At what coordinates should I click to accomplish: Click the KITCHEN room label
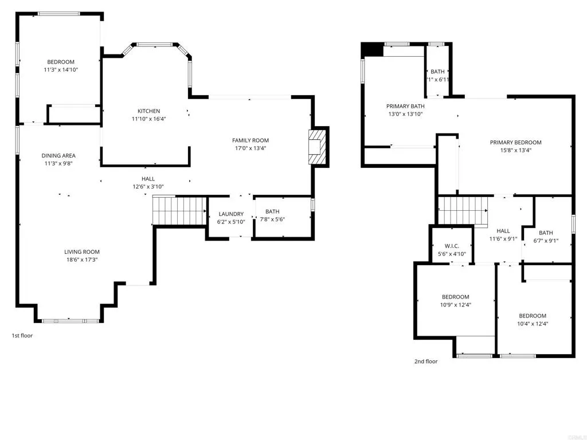(148, 111)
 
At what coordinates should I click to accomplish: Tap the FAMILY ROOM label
(251, 140)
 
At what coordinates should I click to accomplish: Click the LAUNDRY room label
(231, 214)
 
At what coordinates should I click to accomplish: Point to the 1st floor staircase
(179, 210)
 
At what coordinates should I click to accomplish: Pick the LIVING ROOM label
(81, 252)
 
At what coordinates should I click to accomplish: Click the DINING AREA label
(58, 156)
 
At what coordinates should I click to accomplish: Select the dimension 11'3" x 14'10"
(61, 69)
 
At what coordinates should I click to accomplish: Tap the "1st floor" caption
(22, 336)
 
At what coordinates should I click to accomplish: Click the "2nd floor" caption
(426, 362)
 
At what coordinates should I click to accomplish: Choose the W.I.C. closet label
(452, 246)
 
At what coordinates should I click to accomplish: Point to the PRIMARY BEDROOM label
(515, 142)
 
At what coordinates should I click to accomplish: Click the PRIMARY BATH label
(405, 106)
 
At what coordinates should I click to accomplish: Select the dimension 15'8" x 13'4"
(515, 151)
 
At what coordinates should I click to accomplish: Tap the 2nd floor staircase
(463, 211)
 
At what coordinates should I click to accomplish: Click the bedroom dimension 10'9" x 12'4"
(455, 305)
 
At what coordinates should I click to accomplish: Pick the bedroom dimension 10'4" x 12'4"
(533, 324)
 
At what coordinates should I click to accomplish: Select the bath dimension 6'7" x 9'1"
(546, 241)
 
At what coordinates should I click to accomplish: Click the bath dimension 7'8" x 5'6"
(272, 219)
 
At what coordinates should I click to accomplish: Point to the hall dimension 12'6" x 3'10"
(148, 187)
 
